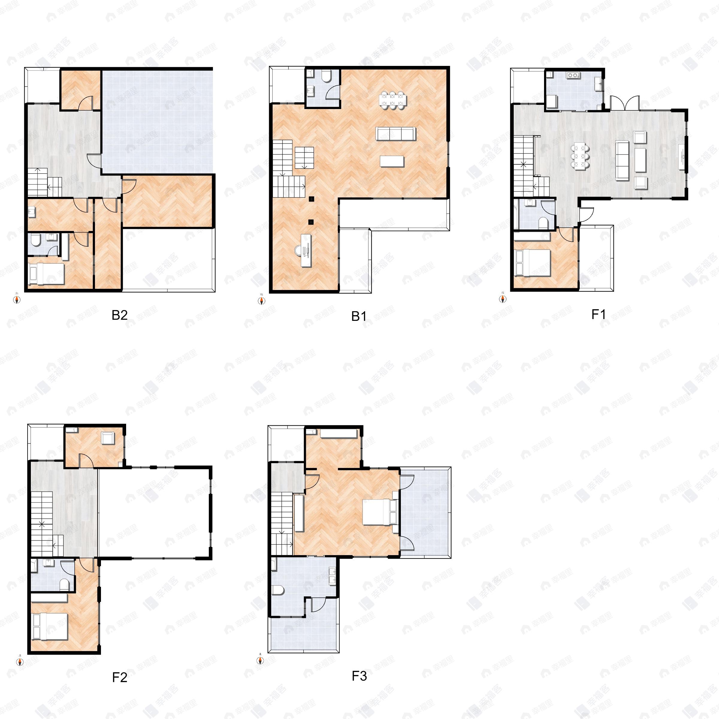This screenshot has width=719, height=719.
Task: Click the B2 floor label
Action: point(120,315)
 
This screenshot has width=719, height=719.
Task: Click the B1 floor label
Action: point(359,316)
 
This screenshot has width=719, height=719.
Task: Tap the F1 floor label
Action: point(599,315)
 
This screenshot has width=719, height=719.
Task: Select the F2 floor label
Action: point(120,677)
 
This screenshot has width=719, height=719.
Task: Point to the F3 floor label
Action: point(359,676)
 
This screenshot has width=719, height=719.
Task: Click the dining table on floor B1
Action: point(393,100)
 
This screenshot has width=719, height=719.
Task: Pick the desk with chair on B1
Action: point(305,250)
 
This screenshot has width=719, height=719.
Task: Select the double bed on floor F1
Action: point(532,263)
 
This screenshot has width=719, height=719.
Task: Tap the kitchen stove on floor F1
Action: point(573,75)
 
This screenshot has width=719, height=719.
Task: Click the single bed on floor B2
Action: point(46,274)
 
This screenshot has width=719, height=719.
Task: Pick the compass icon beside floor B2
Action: point(17,299)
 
